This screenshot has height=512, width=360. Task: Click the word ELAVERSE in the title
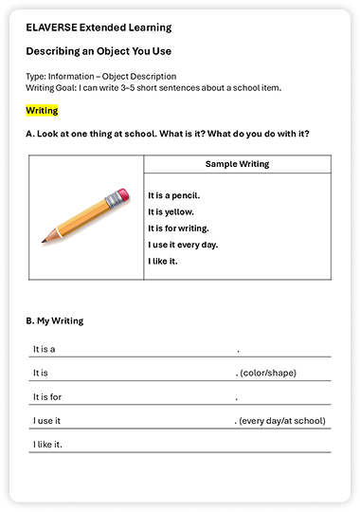coord(53,28)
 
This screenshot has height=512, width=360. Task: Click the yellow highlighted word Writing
coord(42,111)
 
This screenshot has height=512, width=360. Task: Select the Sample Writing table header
coord(237,164)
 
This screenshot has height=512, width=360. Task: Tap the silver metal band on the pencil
coord(110,202)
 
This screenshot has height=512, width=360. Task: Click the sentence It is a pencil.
coord(173,195)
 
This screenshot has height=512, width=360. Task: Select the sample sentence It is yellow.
coord(171,212)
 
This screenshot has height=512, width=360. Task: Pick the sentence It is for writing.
coord(178,229)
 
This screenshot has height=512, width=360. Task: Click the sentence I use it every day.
coord(183,245)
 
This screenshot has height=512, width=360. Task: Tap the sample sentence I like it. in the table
coord(163,261)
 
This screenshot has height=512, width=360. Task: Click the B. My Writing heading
coord(55,321)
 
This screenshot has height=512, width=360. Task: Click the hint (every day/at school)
coord(282,421)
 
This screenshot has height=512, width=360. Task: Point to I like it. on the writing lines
coord(47,445)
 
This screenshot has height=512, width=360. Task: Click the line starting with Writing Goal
coord(153,88)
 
